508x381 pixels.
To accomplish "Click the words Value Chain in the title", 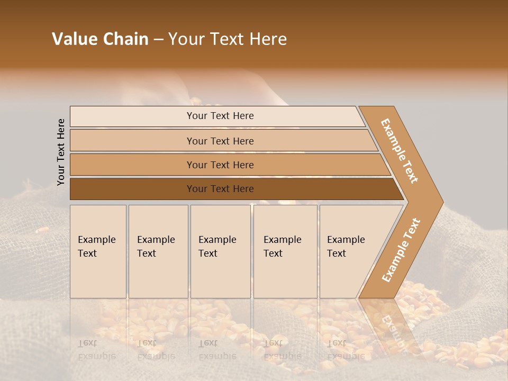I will point(100,39).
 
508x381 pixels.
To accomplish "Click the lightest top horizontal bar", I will point(132,116).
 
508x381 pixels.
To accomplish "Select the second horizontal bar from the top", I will point(132,141).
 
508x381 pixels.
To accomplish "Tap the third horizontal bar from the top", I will point(132,165).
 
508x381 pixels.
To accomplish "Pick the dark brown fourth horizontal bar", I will point(132,189).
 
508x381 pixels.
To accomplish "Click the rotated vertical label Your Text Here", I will point(61,152).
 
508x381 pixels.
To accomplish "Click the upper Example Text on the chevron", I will point(400,151).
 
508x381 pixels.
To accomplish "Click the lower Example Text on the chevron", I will point(401,250).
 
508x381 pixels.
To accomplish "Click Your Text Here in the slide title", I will point(228,39).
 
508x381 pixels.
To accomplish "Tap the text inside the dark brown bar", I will point(220,189).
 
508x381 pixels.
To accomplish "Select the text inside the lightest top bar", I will point(220,116).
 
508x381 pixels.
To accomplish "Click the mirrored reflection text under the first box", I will point(96,350).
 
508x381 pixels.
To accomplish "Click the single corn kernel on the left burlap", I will point(42,230).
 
